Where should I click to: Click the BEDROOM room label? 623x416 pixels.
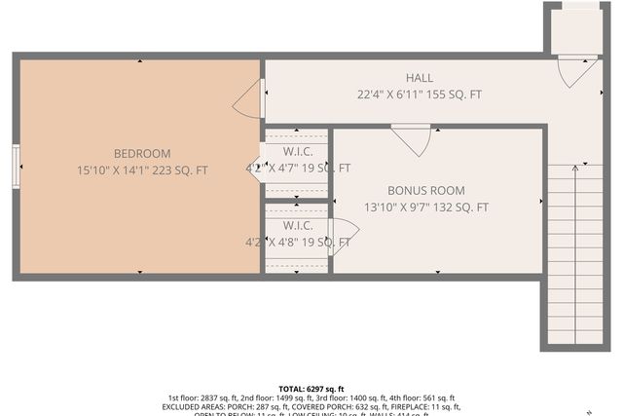142,153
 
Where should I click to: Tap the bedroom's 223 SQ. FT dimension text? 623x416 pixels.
142,170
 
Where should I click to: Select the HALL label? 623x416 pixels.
420,78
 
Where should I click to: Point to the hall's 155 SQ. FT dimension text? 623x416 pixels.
420,95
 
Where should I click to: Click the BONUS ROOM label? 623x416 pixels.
426,191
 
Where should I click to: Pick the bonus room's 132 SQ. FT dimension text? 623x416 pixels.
426,208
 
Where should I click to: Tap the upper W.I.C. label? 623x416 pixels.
298,152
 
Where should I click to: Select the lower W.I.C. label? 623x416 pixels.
298,225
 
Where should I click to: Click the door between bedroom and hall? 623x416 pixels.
249,98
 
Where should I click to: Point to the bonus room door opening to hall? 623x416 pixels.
412,138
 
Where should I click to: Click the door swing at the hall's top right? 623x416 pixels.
575,69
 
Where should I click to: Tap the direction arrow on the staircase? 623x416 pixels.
574,253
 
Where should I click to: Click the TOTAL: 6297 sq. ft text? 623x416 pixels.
311,389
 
